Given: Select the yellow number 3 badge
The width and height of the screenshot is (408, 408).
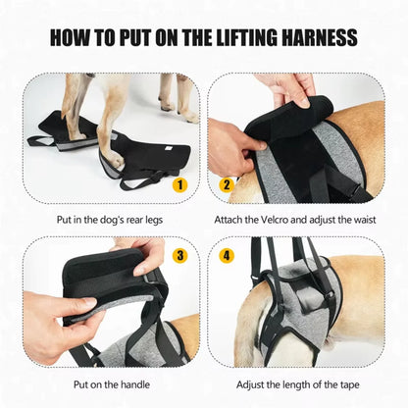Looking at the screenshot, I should tap(179, 257).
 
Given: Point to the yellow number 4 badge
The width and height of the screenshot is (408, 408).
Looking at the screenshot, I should tap(227, 257).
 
